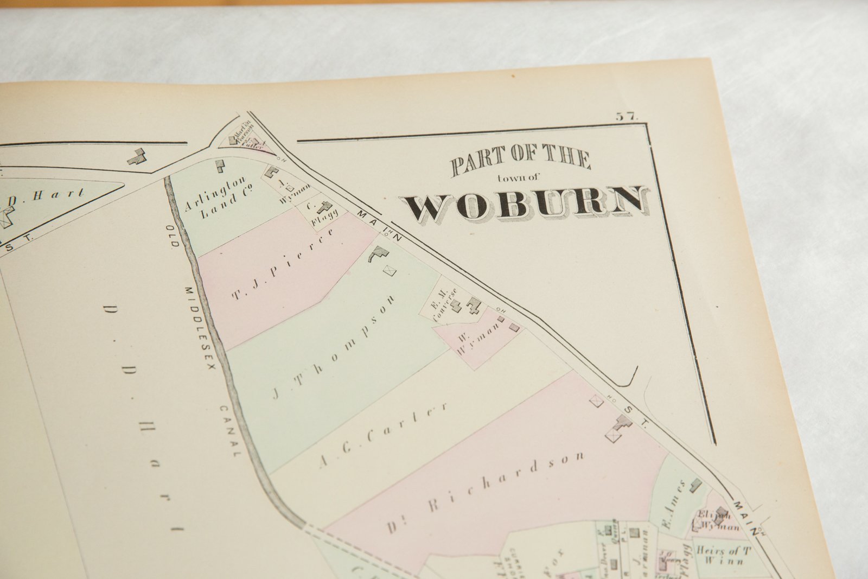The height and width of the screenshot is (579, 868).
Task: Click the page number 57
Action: click(627, 116)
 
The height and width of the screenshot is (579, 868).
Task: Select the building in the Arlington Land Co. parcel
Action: click(220, 166)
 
